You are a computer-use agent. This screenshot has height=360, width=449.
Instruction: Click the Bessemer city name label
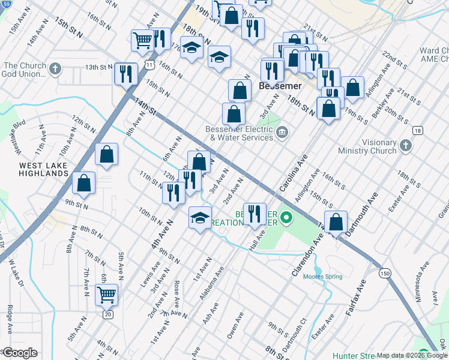click(x=279, y=86)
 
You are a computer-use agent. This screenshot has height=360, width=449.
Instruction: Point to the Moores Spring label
click(x=323, y=277)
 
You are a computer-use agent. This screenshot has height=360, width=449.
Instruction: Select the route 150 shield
click(x=385, y=273)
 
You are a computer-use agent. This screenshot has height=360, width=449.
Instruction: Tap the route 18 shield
click(x=417, y=130)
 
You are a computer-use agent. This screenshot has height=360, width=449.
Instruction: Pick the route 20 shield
click(x=107, y=314)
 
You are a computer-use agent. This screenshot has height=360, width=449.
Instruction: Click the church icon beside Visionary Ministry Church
click(x=406, y=145)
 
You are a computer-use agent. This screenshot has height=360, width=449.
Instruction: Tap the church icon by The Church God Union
click(x=56, y=68)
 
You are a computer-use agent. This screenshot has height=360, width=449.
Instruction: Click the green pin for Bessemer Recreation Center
click(x=287, y=217)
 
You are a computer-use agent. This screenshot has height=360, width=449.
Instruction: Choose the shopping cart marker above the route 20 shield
click(x=107, y=295)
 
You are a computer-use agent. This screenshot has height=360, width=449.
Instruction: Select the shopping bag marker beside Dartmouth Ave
click(x=336, y=221)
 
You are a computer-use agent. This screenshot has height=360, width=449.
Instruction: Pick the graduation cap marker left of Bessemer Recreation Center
click(x=200, y=217)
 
